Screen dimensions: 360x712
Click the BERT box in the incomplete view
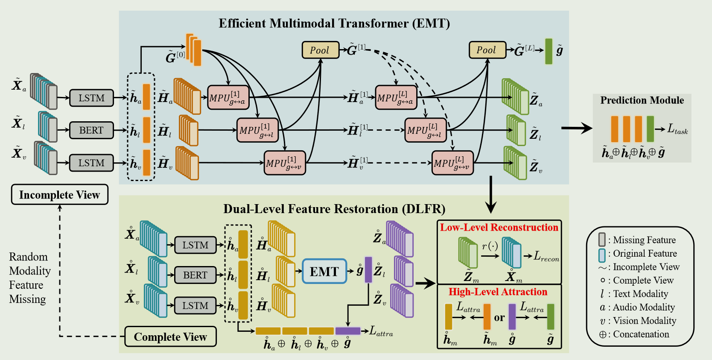click(91, 130)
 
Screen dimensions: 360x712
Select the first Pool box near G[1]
click(320, 50)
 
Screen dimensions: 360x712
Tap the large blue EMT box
click(324, 272)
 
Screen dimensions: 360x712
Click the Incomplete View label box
click(59, 195)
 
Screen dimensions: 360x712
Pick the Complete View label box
click(170, 337)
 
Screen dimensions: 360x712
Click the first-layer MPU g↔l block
click(257, 130)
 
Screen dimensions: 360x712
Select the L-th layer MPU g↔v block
click(452, 163)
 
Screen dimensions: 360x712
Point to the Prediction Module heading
click(642, 100)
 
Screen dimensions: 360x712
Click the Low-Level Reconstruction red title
click(499, 228)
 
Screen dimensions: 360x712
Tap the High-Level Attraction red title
click(498, 292)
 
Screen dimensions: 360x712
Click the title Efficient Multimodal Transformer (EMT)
click(334, 23)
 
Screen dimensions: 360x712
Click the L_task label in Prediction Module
click(677, 129)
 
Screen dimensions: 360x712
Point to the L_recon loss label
click(546, 256)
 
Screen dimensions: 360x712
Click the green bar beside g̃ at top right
click(549, 51)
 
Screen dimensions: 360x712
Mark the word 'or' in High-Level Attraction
click(499, 318)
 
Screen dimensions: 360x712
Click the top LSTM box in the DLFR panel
click(195, 245)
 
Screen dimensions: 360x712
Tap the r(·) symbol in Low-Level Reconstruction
click(490, 246)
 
